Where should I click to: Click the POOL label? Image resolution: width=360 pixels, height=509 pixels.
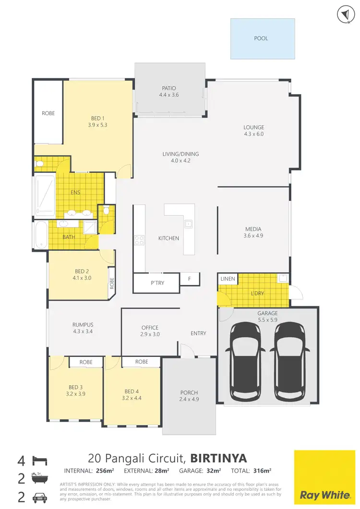pos(261,38)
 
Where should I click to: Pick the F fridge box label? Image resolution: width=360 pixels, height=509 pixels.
pos(190,279)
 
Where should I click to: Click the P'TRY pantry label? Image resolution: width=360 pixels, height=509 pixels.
pos(157,283)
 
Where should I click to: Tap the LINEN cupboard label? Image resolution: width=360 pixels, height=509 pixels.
pos(227,279)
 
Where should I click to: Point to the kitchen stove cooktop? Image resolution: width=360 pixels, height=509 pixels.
pos(139,240)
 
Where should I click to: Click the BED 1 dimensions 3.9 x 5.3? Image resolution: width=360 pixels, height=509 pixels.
pos(98,125)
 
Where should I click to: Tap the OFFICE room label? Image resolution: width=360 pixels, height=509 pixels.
pos(150,328)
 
